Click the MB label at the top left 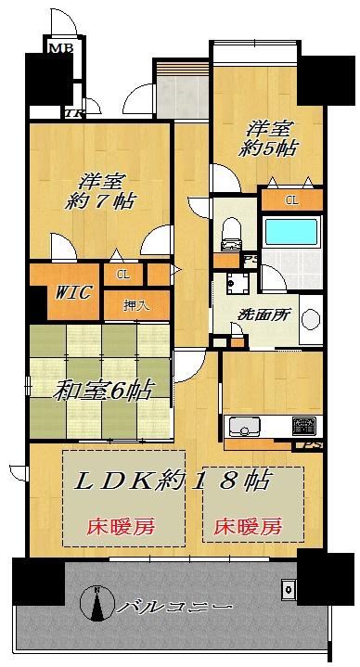(x=61, y=47)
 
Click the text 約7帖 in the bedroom (x=100, y=199)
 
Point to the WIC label (x=71, y=293)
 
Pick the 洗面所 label (x=263, y=314)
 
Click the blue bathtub (x=291, y=232)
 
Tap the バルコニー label (x=174, y=606)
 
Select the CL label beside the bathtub (x=291, y=199)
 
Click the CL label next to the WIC (x=123, y=274)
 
